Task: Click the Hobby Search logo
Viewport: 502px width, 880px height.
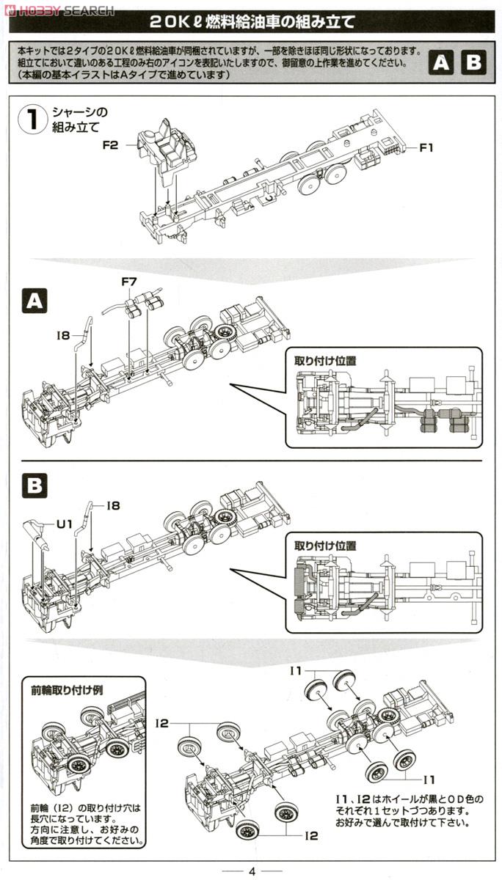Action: (58, 10)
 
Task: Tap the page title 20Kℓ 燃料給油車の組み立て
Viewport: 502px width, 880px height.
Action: (251, 22)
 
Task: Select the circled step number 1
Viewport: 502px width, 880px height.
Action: (33, 120)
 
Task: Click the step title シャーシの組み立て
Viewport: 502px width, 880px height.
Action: (79, 120)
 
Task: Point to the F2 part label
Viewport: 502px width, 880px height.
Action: (110, 145)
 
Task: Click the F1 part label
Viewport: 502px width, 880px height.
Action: (426, 147)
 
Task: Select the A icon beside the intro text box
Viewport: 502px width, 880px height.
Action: (440, 62)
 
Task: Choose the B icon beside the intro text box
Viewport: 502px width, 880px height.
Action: (474, 62)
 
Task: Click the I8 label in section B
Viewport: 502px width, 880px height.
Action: (112, 505)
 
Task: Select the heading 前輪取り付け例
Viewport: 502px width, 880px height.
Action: (62, 690)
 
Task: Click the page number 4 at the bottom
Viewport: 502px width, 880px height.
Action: (251, 871)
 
